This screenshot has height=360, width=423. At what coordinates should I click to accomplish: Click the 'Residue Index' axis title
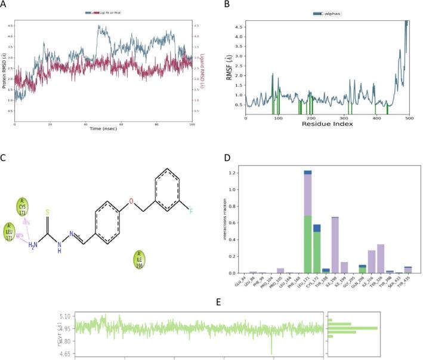[328, 124]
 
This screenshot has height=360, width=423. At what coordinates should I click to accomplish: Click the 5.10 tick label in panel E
[64, 316]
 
